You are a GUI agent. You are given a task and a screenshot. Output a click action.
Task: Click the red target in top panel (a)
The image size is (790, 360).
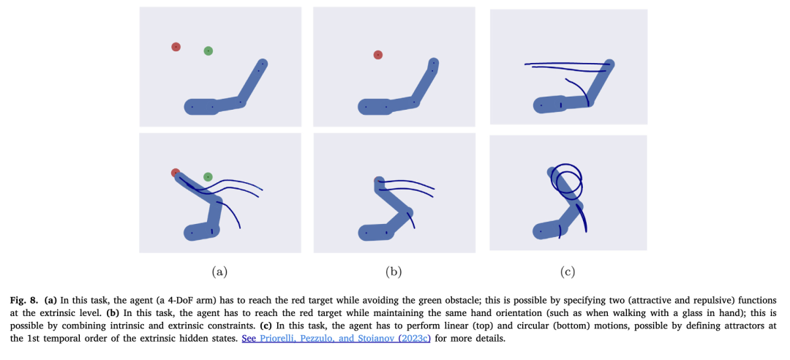point(176,47)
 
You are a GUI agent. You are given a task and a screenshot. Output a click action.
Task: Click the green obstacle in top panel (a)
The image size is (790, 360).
point(208,50)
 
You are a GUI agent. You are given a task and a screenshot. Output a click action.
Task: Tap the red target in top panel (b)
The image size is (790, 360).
point(378,54)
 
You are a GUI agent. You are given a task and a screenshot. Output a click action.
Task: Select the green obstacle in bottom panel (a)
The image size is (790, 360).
point(208,176)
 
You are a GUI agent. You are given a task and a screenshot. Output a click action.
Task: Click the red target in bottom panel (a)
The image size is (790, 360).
point(175,173)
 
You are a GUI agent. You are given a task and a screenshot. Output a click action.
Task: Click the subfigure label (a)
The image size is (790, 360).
point(219,272)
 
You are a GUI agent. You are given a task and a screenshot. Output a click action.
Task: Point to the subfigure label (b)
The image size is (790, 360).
point(394,272)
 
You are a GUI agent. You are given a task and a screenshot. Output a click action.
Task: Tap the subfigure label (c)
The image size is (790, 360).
point(568,272)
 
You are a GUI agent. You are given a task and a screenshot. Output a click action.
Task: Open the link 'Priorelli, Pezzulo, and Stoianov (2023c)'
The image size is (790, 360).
point(336,338)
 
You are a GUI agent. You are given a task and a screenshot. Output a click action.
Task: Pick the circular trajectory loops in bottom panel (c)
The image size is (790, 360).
point(566,180)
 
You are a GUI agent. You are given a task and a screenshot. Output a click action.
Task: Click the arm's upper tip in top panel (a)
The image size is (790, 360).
point(262,64)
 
